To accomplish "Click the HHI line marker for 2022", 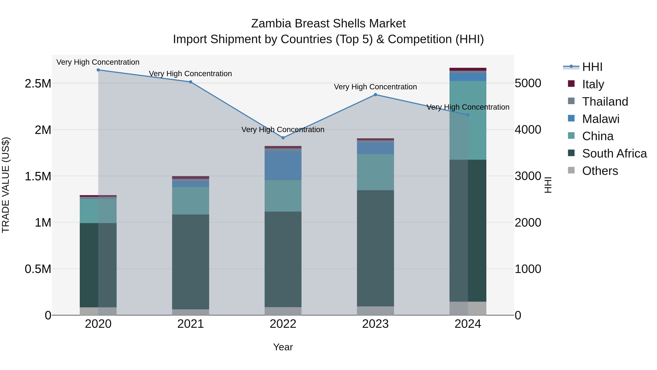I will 283,138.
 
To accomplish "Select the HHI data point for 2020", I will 98,70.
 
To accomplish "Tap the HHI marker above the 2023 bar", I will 375,94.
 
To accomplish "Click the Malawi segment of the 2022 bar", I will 283,166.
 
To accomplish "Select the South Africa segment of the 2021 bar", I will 191,262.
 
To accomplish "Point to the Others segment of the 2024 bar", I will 468,308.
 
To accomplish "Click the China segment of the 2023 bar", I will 375,172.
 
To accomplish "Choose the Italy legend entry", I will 593,84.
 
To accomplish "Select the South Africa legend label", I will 614,153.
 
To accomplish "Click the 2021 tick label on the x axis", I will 191,324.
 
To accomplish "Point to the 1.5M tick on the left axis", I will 38,176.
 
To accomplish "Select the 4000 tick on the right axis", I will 528,130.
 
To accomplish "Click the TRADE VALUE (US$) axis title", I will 6,185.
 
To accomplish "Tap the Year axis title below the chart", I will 283,347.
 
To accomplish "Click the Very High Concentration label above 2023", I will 375,87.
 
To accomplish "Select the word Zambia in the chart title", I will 271,24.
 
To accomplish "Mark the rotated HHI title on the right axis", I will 547,185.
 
